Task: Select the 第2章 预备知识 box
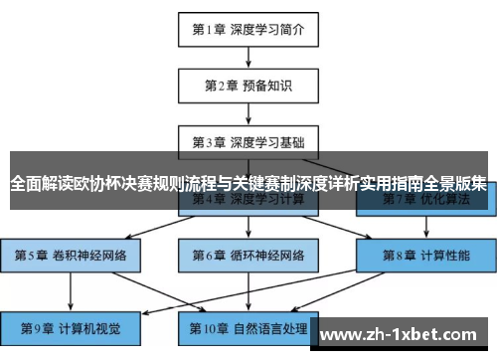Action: [x=248, y=85]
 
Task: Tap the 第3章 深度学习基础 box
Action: [x=248, y=141]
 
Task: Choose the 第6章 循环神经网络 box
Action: [x=248, y=255]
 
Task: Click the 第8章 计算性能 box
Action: [x=426, y=255]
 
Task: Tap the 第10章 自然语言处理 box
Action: [x=248, y=326]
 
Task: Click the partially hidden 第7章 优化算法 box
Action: [x=426, y=201]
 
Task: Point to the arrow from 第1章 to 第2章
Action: [x=248, y=56]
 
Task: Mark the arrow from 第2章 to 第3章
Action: [x=248, y=112]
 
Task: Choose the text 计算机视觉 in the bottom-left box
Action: [x=88, y=326]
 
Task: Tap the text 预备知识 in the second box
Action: [x=266, y=85]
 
